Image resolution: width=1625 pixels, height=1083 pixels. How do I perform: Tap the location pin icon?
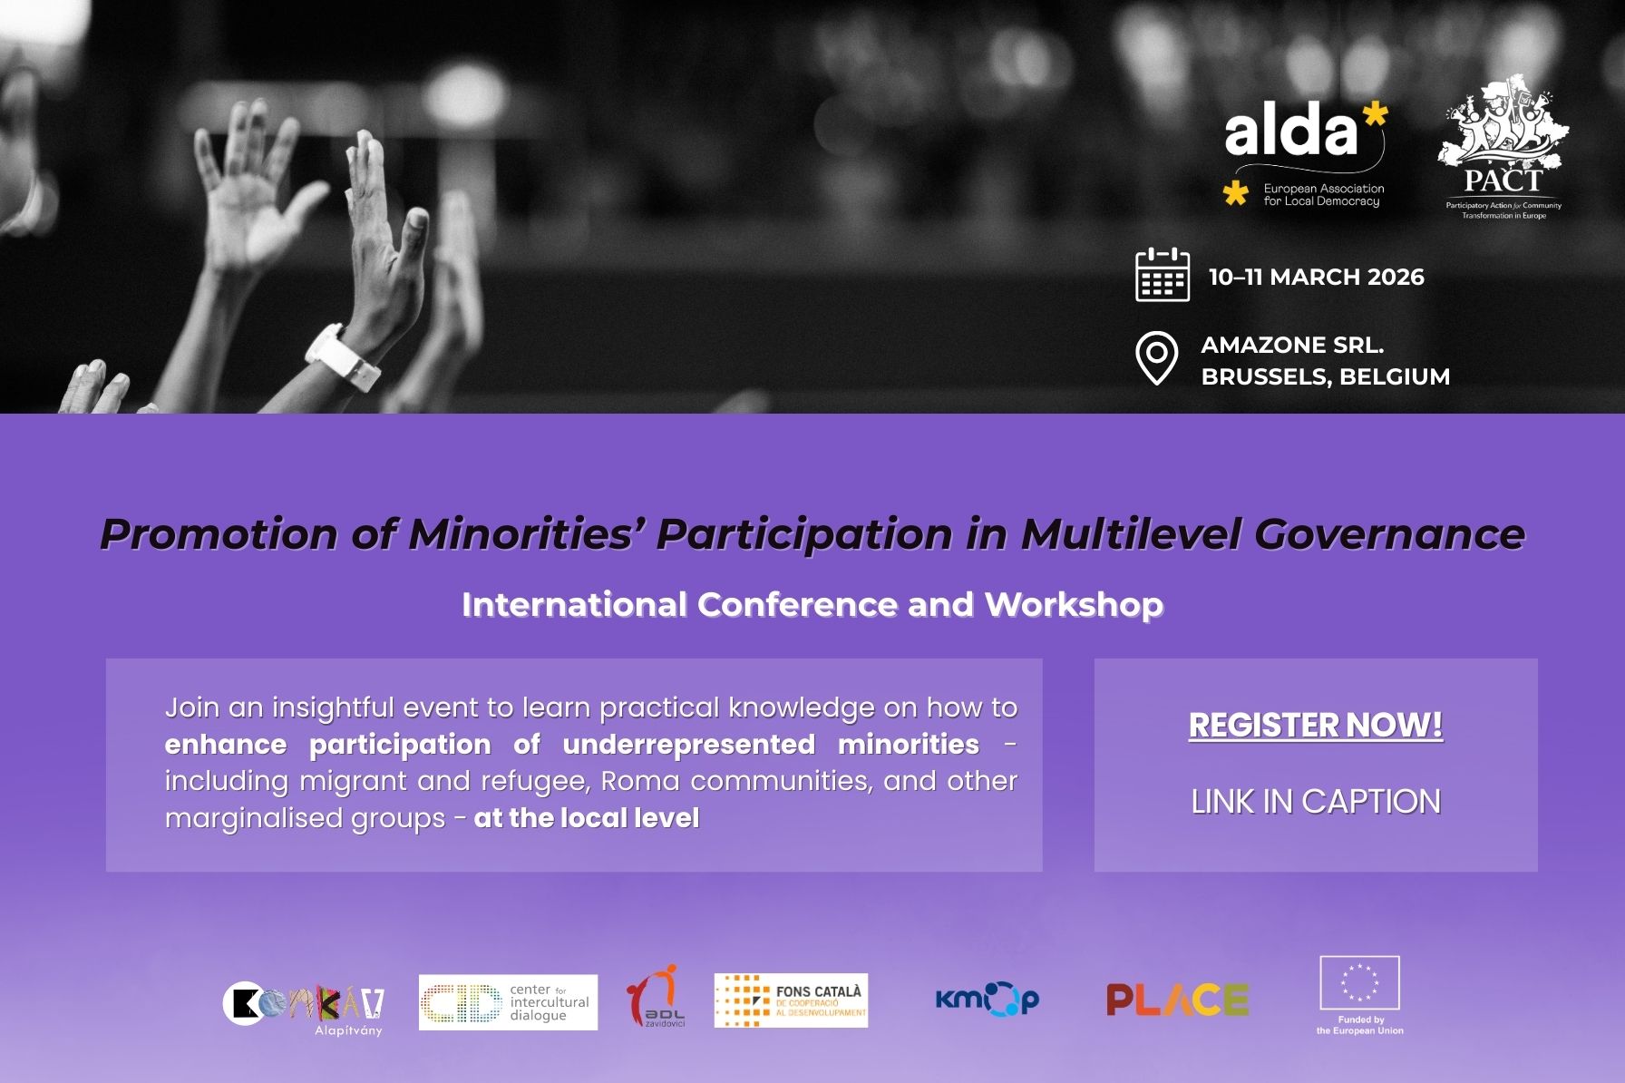[1156, 358]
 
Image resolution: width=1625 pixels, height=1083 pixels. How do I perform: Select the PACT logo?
[1503, 150]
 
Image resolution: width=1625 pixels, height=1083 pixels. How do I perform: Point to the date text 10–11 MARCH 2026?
[1316, 277]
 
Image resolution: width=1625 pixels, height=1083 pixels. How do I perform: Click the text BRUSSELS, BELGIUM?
[1325, 376]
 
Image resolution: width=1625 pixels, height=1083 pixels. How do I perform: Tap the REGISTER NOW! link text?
[1315, 725]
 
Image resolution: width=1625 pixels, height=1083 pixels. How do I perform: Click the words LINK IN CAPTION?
[1315, 802]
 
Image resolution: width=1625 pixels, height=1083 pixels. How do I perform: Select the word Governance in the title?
[1389, 533]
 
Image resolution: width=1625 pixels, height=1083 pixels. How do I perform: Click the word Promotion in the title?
[219, 533]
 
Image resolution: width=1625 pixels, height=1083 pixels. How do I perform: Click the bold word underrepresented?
[688, 745]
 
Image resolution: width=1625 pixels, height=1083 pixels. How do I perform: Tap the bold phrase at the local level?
[586, 818]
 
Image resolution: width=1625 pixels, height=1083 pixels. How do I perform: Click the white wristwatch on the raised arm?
[342, 357]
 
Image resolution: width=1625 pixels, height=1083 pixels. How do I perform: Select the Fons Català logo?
[791, 1001]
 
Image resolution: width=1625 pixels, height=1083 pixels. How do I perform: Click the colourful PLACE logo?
[1177, 1000]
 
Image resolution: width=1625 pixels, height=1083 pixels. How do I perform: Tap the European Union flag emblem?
[1359, 982]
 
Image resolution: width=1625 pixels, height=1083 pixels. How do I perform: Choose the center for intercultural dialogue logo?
[508, 1002]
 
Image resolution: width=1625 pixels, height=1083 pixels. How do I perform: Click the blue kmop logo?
[987, 1000]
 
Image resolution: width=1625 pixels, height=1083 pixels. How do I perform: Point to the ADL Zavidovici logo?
[656, 997]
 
